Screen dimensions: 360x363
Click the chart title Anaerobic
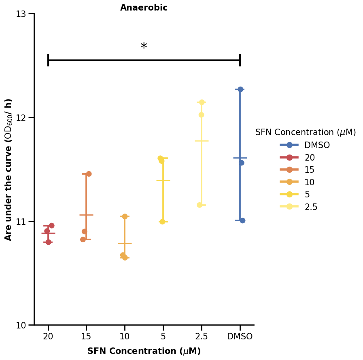click(144, 8)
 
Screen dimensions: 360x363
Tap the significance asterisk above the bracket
click(144, 47)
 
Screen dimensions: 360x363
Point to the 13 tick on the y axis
click(21, 14)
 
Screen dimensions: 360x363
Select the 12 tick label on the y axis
click(21, 118)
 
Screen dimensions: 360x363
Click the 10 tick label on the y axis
click(21, 326)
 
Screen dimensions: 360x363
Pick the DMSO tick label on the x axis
click(240, 337)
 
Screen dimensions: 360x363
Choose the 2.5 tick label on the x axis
click(202, 337)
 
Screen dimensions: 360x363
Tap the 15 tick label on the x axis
click(86, 337)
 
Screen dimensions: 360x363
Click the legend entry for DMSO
click(317, 145)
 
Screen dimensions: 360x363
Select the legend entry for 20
click(310, 158)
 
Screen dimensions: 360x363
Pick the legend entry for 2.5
click(311, 207)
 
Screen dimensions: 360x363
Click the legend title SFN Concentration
click(306, 132)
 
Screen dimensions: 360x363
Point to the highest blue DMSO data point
click(240, 89)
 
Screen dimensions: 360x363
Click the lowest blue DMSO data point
click(242, 220)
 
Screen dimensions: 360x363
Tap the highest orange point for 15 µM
click(89, 174)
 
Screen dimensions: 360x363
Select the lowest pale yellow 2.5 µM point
click(200, 205)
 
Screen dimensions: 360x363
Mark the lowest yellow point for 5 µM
click(162, 222)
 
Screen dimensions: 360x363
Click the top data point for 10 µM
click(125, 216)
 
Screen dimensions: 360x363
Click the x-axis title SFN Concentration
click(144, 351)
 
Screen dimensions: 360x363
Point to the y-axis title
click(8, 169)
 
